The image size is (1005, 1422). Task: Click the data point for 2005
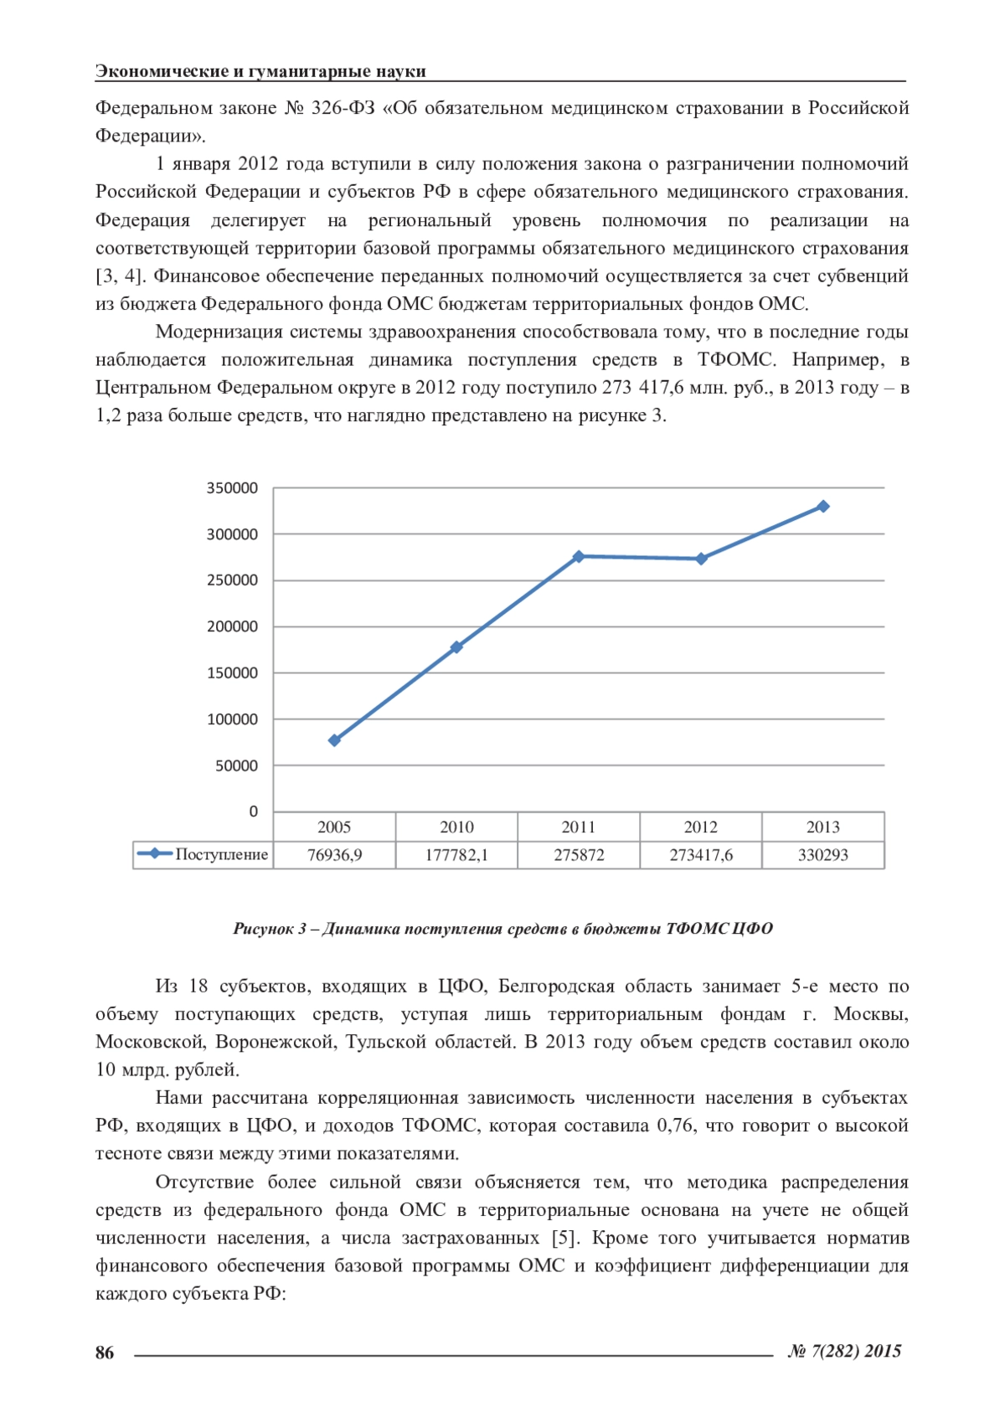click(334, 740)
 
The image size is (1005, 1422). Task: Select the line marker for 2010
click(456, 647)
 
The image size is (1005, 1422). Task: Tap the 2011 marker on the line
click(579, 556)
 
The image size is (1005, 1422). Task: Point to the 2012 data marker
click(701, 559)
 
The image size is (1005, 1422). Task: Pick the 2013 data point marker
click(823, 506)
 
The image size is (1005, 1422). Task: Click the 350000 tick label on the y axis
click(232, 488)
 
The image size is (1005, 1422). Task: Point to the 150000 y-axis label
click(232, 673)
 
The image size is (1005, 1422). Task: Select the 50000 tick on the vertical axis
click(236, 765)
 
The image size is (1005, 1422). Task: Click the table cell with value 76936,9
click(334, 855)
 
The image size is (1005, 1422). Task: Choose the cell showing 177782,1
click(456, 855)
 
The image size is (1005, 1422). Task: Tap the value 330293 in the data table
click(823, 855)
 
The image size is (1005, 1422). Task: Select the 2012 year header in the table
click(701, 827)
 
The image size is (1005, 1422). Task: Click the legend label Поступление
click(221, 854)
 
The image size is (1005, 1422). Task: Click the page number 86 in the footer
click(105, 1352)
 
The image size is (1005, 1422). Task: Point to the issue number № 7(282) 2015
click(844, 1351)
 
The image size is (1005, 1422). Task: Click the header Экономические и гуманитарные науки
click(260, 71)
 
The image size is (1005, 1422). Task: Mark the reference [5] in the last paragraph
click(565, 1238)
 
